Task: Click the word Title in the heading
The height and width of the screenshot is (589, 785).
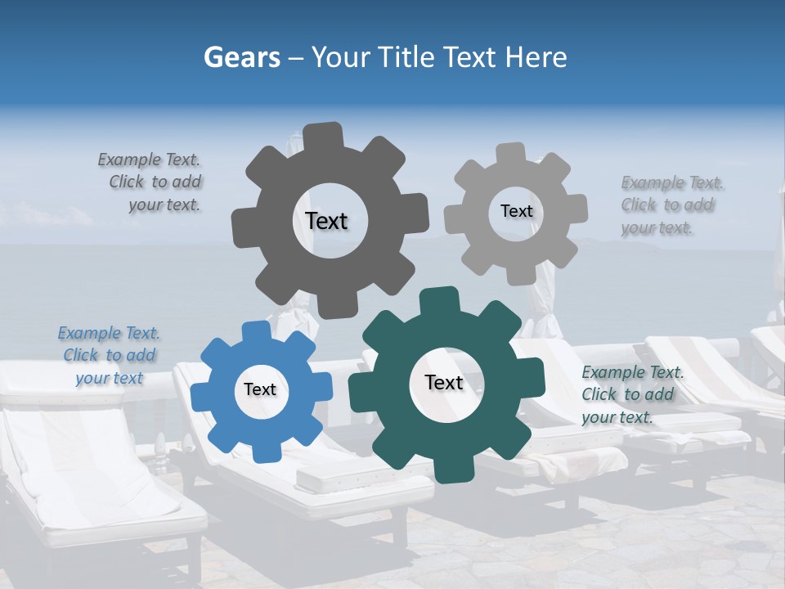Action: click(407, 57)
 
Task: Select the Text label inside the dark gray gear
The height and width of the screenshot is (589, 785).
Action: click(326, 221)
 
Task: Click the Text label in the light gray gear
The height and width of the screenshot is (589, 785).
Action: click(516, 211)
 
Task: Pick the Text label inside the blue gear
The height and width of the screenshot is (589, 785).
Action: click(260, 390)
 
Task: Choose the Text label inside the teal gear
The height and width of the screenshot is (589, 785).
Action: click(444, 383)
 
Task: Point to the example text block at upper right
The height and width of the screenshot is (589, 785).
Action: click(668, 205)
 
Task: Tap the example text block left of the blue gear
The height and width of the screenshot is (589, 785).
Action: click(109, 355)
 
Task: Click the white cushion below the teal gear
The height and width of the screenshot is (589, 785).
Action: click(343, 474)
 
